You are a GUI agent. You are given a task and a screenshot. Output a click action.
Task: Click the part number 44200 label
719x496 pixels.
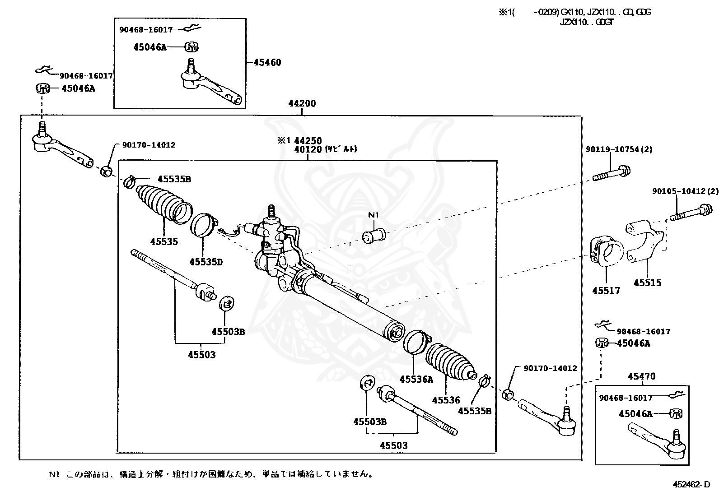[x=302, y=103]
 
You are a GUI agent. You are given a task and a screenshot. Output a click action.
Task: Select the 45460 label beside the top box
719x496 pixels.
[x=267, y=62]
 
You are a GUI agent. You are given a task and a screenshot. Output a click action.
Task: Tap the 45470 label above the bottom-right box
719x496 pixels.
[x=641, y=376]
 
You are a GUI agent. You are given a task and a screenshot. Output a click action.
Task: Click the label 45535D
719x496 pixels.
[x=206, y=262]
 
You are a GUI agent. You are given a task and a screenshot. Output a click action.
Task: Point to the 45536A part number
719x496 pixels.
[x=416, y=380]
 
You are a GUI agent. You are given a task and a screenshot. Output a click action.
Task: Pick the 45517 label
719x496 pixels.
[x=606, y=291]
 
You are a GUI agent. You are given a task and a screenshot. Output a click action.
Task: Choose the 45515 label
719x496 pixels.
[x=647, y=283]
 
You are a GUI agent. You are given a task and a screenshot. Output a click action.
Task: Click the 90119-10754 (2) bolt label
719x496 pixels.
[x=619, y=149]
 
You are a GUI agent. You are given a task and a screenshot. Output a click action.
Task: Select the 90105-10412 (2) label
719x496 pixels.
[x=685, y=191]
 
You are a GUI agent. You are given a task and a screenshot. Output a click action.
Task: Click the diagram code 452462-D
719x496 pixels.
[x=691, y=484]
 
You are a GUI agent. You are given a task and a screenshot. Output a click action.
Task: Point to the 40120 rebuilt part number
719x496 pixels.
[x=308, y=149]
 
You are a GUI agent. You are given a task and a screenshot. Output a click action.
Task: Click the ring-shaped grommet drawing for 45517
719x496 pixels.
[x=607, y=252]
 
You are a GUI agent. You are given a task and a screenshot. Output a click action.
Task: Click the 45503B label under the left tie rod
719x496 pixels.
[x=228, y=332]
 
